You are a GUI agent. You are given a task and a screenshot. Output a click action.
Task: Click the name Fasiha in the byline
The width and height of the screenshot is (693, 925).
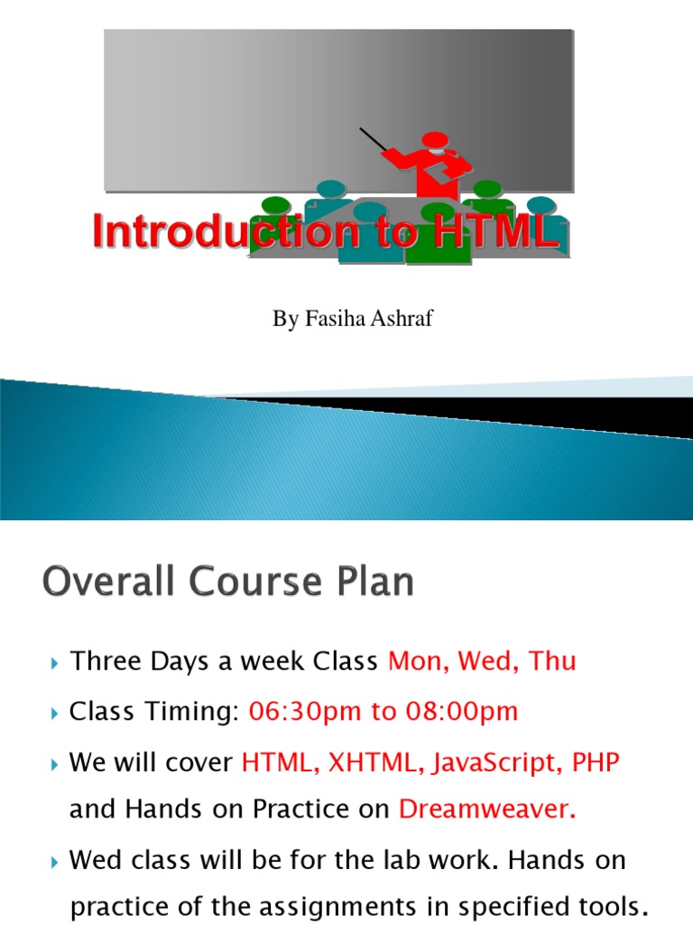[x=331, y=320]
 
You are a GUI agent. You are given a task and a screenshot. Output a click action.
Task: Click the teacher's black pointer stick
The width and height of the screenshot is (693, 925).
[x=374, y=142]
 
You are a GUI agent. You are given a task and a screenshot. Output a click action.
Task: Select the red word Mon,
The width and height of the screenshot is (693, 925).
[x=419, y=662]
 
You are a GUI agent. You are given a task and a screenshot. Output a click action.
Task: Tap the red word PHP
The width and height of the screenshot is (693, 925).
[x=596, y=762]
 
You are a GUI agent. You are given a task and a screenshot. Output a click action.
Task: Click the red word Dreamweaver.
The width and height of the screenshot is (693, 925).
[x=486, y=810]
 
